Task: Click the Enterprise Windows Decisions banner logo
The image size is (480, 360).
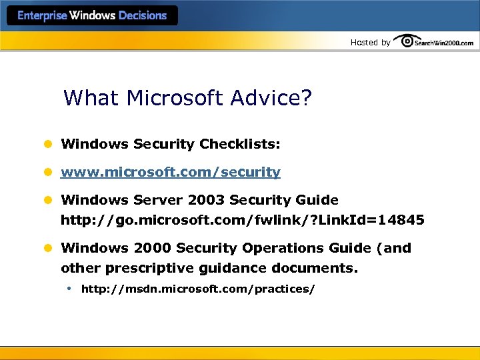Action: coord(92,15)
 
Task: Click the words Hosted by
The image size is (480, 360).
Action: coord(371,43)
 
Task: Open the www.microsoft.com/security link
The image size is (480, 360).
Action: coord(171,172)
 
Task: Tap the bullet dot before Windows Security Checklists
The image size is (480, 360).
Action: coord(48,144)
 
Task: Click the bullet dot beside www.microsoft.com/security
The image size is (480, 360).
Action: coord(48,172)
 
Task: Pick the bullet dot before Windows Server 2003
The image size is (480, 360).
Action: coord(48,200)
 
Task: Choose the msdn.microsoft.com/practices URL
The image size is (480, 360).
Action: coord(198,289)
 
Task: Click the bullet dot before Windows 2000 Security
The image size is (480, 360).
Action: coord(48,248)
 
